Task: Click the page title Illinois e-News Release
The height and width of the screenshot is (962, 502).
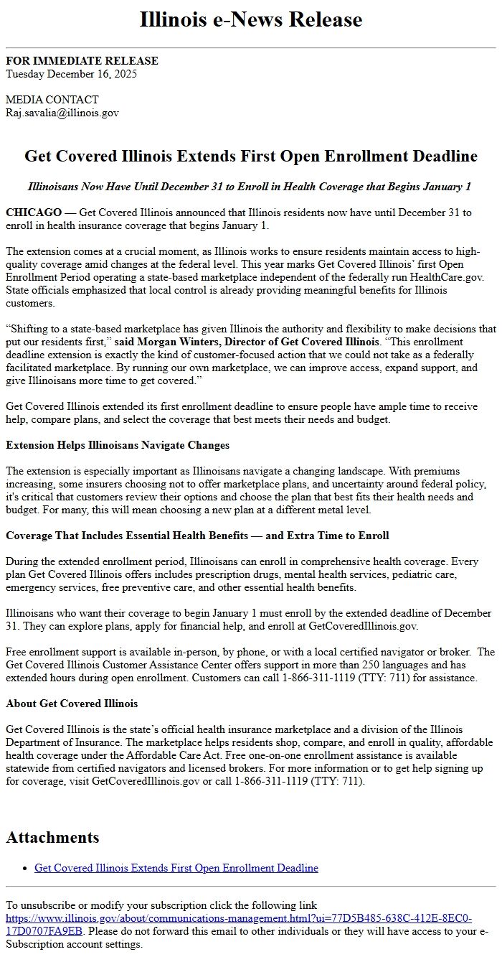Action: coord(251,19)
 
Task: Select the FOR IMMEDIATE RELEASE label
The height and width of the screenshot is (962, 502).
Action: coord(82,61)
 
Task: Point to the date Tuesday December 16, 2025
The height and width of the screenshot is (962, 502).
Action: coord(71,73)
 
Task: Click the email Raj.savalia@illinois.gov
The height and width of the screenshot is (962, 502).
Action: coord(62,113)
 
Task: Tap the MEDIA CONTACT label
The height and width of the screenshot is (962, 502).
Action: coord(52,100)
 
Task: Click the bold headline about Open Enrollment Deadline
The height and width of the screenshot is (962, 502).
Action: coord(251,156)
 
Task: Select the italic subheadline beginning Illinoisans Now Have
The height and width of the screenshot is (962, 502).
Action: coord(250,187)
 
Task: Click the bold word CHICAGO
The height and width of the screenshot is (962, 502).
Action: coord(34,213)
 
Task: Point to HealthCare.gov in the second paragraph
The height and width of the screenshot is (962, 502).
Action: coord(440,277)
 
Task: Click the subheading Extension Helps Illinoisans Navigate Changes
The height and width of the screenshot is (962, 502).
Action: coord(118,445)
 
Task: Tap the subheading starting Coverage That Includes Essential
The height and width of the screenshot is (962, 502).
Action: coord(197,536)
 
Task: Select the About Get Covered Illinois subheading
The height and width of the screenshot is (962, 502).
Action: coord(72,704)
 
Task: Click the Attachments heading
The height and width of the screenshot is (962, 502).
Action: coord(52,837)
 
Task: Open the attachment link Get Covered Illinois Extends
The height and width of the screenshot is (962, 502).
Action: coord(176,868)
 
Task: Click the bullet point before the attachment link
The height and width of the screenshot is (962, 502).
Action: coord(26,869)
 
